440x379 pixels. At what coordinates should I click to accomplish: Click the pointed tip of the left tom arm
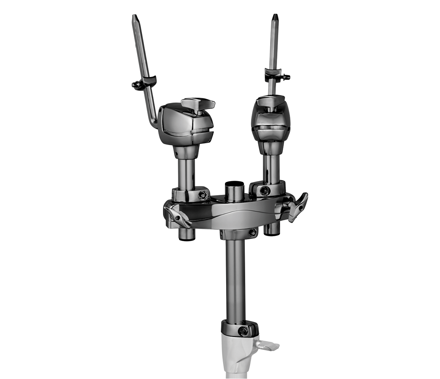point(134,16)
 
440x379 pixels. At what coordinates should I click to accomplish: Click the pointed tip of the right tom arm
point(275,16)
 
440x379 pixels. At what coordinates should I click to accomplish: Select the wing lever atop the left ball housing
point(198,103)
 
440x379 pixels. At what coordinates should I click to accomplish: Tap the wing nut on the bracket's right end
point(298,207)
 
